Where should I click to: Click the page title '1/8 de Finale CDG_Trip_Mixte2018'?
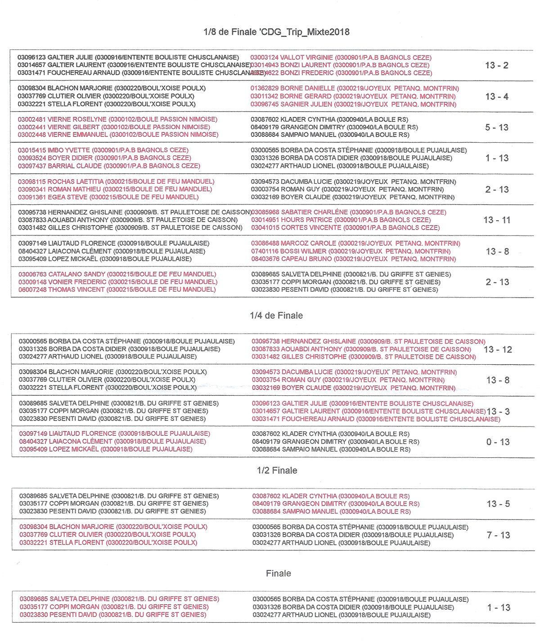276,32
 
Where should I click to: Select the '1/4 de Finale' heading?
276,316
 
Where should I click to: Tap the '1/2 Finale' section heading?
277,470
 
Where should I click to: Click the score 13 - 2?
497,65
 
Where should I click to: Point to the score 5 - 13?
497,127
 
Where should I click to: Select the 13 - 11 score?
497,220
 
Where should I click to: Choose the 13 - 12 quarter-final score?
498,349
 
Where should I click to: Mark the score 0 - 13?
498,442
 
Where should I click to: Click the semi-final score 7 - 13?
499,535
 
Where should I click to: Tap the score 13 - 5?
499,504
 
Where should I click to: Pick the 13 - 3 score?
498,411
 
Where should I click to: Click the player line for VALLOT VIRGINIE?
341,58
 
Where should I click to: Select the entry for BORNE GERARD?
353,96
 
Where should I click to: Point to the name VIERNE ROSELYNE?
117,119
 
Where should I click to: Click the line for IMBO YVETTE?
103,150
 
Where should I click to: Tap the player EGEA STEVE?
108,197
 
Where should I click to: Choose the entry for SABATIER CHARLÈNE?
349,212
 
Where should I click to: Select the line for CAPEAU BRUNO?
353,259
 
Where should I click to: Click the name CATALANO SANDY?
117,274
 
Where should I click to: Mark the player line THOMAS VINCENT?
117,289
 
